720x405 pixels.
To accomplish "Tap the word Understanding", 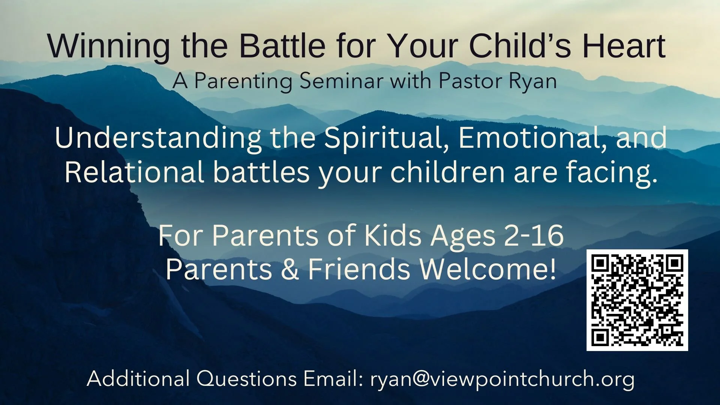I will tap(158, 138).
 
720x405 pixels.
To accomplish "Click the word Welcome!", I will tap(487, 269).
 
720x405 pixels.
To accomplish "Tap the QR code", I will tap(637, 300).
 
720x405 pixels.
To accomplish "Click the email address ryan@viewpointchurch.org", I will tap(502, 379).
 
